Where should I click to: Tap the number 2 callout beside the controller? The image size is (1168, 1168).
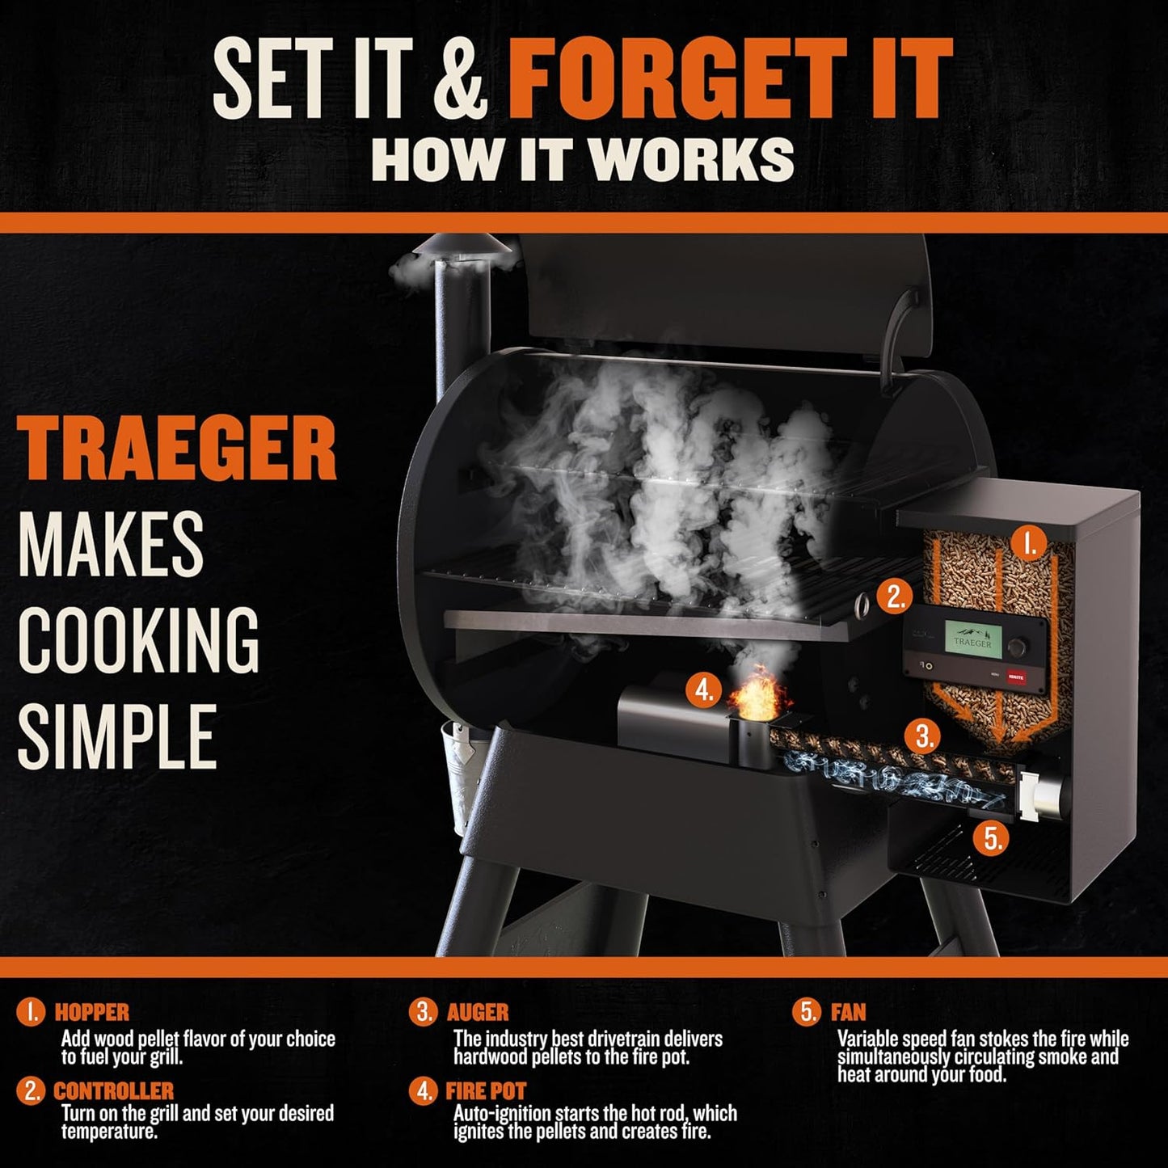coord(895,596)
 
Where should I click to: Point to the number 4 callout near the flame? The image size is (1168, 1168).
coord(704,690)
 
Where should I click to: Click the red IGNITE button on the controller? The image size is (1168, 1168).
coord(1016,677)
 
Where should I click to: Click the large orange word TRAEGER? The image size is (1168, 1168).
coord(177,449)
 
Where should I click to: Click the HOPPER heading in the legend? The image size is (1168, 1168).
coord(91,1012)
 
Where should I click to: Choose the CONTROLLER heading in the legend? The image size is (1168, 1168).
coord(113,1091)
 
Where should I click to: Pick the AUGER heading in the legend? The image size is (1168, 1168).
coord(478,1012)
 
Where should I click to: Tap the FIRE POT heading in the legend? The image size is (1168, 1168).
coord(486,1091)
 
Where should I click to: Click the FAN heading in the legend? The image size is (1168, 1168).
coord(848,1012)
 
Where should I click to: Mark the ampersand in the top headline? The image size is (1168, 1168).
coord(460,81)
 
